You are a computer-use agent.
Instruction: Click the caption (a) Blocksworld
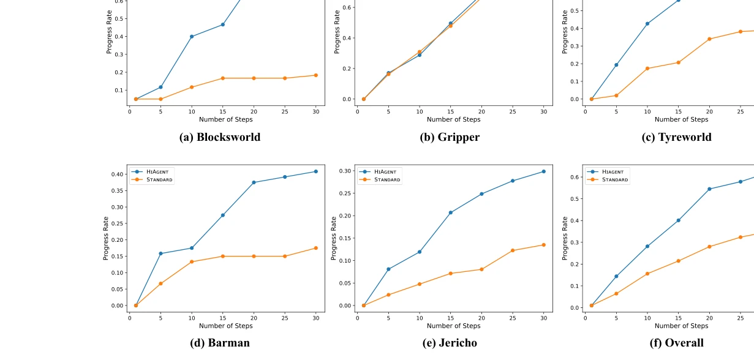click(219, 137)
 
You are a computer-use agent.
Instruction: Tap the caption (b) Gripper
click(450, 137)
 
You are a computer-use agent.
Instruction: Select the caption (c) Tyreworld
click(676, 137)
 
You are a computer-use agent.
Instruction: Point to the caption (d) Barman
click(221, 343)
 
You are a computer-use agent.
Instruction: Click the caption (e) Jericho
click(450, 343)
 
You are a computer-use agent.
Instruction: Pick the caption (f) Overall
click(676, 343)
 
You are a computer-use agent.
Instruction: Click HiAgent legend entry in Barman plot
click(151, 172)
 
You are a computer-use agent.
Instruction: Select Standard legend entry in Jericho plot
click(379, 179)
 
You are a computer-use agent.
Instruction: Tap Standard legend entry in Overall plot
click(607, 179)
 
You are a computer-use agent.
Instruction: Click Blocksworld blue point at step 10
click(192, 37)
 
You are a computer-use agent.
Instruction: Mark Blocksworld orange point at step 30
click(316, 75)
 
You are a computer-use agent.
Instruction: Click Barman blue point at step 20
click(254, 182)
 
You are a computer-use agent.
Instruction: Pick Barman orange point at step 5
click(160, 283)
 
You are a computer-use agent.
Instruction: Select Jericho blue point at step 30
click(543, 171)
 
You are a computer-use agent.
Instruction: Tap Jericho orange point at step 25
click(513, 250)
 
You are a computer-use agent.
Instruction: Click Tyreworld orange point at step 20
click(709, 39)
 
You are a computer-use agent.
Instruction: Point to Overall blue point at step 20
click(709, 189)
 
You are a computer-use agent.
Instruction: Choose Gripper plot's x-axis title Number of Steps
click(453, 119)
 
